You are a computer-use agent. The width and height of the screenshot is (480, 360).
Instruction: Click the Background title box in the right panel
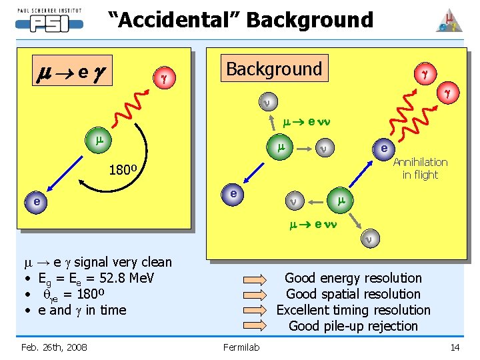click(274, 69)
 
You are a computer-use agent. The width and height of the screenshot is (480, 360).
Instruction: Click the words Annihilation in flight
click(420, 168)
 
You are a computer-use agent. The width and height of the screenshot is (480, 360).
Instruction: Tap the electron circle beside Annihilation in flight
click(384, 147)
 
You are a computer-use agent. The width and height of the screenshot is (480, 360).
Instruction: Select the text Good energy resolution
click(353, 278)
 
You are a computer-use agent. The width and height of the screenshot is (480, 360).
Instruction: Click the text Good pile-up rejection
click(353, 326)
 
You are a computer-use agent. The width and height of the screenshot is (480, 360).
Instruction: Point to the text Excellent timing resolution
click(353, 310)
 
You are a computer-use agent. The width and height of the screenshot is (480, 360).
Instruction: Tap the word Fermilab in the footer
click(241, 347)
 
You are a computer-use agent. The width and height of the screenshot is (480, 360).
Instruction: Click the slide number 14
click(455, 347)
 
